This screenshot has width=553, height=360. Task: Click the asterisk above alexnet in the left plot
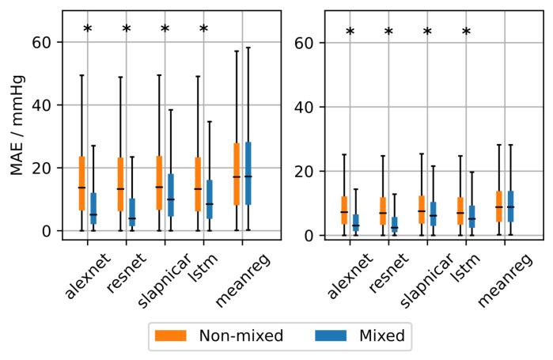point(87,30)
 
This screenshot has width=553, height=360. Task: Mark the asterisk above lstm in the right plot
point(466,32)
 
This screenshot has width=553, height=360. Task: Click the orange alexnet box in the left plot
point(81,184)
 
